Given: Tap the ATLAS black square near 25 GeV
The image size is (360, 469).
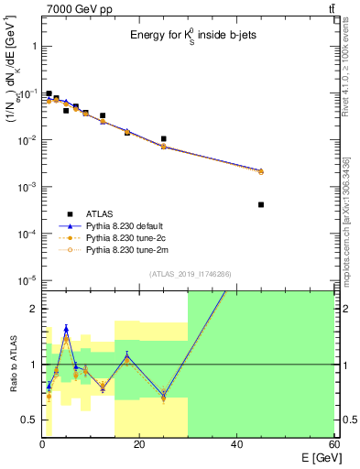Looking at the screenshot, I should point(163,139).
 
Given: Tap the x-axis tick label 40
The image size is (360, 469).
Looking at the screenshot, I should point(236,444).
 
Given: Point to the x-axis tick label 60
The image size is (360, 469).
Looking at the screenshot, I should point(333,444).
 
